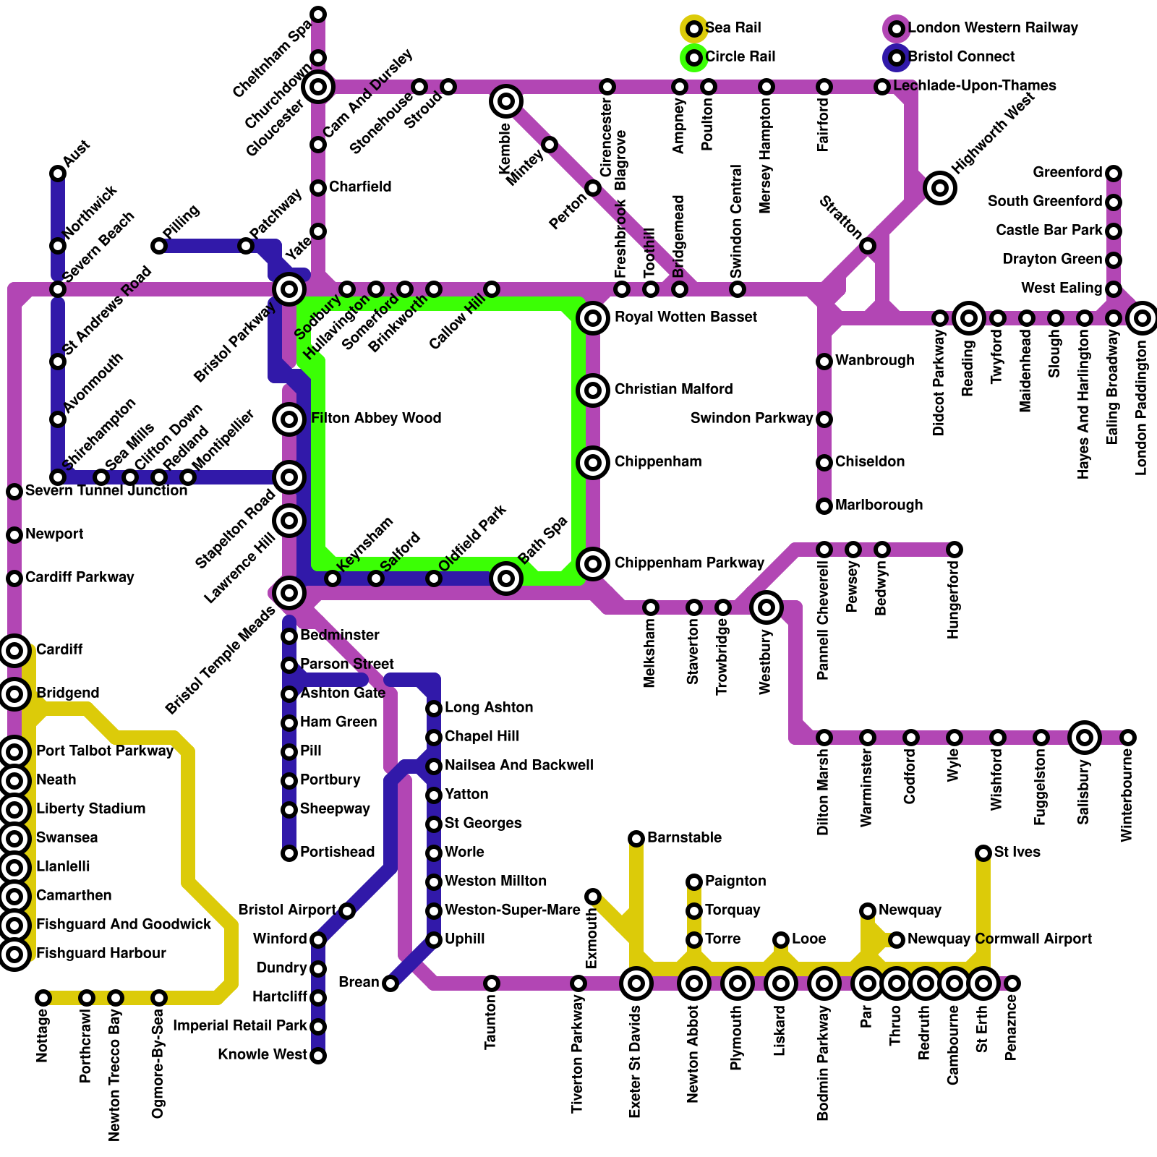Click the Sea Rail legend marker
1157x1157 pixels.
(694, 29)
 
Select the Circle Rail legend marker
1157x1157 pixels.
(694, 58)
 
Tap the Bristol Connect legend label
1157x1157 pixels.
(961, 57)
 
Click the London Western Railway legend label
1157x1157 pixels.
(993, 28)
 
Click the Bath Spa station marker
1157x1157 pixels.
(506, 578)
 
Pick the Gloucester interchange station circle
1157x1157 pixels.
(318, 87)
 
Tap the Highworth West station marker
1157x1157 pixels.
(940, 188)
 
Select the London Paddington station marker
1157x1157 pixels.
(1143, 318)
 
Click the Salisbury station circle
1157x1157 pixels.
(1085, 738)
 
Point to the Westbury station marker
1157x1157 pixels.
(767, 607)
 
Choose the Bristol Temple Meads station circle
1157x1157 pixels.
(289, 593)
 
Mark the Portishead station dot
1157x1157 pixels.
(289, 853)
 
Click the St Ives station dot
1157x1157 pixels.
(983, 853)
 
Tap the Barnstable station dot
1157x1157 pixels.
(636, 839)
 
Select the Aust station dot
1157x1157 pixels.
(58, 174)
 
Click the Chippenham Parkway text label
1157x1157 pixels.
(689, 563)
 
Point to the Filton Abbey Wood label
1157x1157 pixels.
(376, 419)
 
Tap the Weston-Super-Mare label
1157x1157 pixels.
(512, 910)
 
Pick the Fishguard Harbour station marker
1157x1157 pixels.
(14, 955)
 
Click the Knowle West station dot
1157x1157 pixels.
(318, 1056)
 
